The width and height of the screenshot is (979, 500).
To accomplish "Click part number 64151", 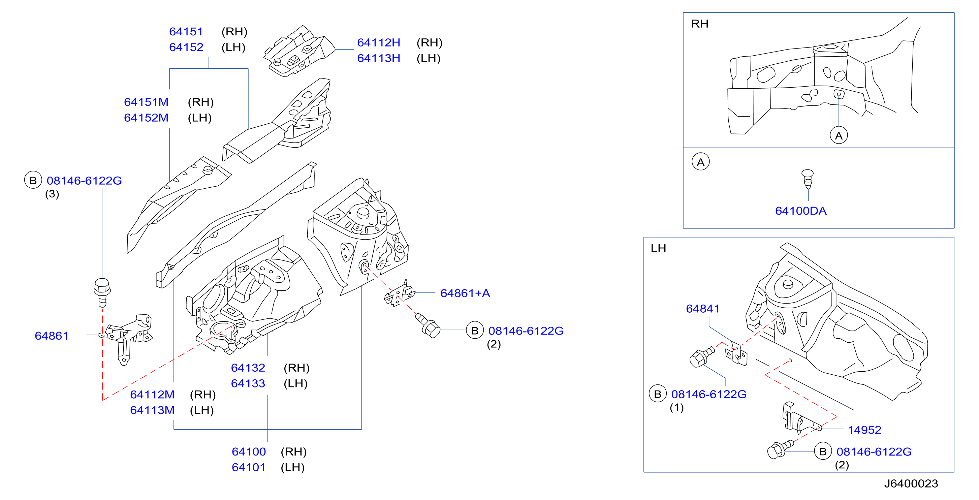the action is click(x=186, y=32).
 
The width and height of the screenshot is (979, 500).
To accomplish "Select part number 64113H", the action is click(x=379, y=58).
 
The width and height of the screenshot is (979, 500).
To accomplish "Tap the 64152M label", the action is click(x=146, y=118).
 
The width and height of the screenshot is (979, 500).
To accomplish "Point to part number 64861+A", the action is click(x=465, y=293).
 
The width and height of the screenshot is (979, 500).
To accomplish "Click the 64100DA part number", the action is click(x=801, y=211).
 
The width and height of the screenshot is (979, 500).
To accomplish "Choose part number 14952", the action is click(x=864, y=430).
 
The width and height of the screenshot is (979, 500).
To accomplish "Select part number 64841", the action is click(x=703, y=308).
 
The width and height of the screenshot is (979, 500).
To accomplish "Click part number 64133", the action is click(x=248, y=383).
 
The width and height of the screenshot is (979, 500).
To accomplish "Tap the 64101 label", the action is click(x=249, y=467).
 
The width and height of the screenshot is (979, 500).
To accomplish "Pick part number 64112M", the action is click(x=152, y=395).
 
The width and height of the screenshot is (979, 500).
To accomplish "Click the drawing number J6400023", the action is click(x=911, y=483).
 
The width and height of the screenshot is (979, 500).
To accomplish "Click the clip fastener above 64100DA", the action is click(x=808, y=179).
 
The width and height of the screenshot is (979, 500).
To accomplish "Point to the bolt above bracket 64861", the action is click(x=102, y=292).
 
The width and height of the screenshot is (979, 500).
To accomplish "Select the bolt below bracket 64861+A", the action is click(x=428, y=325).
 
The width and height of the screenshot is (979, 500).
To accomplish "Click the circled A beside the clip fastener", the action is click(x=700, y=162).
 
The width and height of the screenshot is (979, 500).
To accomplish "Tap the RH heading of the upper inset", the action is click(x=699, y=24).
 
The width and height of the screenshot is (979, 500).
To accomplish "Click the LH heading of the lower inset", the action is click(x=658, y=248).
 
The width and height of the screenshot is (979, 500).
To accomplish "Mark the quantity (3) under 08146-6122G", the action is click(x=52, y=194).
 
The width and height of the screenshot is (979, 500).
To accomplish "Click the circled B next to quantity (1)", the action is click(x=658, y=394).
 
